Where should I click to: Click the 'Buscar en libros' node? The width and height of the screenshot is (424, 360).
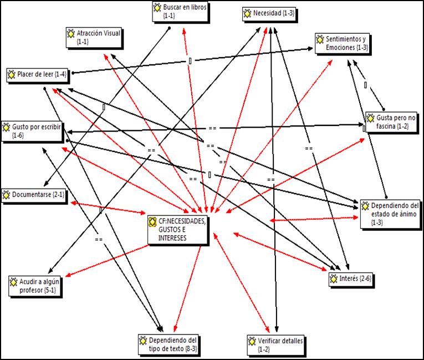coord(180,11)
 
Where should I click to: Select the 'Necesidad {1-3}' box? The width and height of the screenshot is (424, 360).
coord(269,13)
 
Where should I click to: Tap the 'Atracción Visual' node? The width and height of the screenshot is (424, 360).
coord(94,37)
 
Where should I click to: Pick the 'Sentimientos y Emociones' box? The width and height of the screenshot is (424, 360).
coord(342,43)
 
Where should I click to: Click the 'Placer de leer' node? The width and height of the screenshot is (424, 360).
coord(37,75)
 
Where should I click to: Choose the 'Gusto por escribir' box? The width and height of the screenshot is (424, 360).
coord(32,131)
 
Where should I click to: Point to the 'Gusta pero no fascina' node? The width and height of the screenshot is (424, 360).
coord(391,122)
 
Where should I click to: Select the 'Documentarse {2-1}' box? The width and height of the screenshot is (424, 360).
coord(34,195)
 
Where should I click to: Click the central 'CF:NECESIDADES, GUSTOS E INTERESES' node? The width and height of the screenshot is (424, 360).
coord(178,230)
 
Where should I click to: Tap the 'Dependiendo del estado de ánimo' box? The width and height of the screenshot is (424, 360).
coord(390,214)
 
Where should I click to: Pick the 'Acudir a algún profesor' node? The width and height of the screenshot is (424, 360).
coord(34,286)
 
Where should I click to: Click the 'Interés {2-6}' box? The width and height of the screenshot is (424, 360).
coord(351,279)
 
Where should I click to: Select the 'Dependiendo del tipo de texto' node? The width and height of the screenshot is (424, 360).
coord(168,344)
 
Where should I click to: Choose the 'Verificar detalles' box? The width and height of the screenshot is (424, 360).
coord(276,345)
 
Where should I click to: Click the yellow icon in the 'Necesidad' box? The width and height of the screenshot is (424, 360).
coord(247,13)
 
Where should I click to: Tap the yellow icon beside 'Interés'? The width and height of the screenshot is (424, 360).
coord(334,278)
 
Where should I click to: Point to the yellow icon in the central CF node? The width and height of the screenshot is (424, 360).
coord(152,222)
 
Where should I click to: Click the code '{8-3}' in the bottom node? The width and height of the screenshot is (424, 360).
coord(191,349)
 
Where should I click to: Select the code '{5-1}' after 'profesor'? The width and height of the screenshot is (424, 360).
coord(49,290)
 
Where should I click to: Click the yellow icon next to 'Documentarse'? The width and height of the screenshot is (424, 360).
coord(6,195)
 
